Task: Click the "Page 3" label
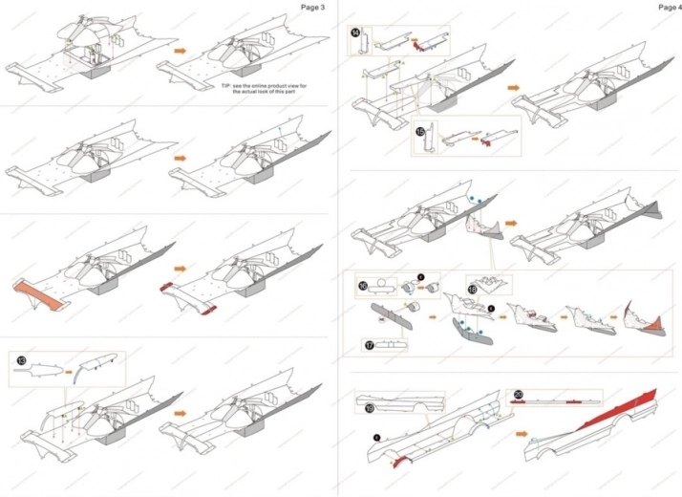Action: (x=313, y=7)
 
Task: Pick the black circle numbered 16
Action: (x=363, y=285)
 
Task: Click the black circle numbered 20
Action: (x=518, y=395)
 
